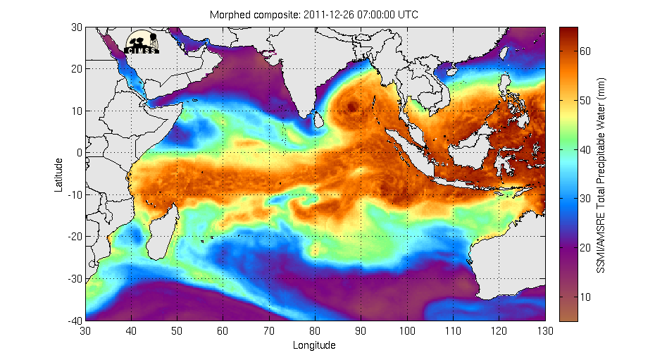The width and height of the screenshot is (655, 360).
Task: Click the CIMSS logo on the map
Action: [x=143, y=42]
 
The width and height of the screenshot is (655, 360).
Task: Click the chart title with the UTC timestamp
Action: [x=314, y=15]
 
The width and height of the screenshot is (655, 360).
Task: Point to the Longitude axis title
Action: [x=314, y=345]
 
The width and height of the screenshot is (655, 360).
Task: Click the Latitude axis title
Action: [x=60, y=174]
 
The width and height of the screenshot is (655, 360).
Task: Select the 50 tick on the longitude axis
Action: [x=177, y=330]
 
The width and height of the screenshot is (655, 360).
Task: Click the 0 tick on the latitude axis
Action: [x=79, y=152]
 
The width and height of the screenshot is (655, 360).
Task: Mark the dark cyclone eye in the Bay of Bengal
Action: [x=353, y=106]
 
